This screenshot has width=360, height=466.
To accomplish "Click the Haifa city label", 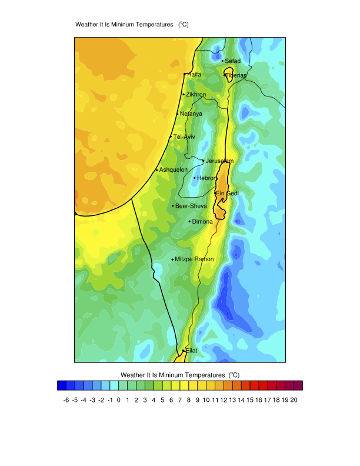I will [194, 75].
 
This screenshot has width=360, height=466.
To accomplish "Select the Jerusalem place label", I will [219, 161].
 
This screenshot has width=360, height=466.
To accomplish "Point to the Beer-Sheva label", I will [191, 206].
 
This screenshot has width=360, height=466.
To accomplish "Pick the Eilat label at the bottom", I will [192, 351].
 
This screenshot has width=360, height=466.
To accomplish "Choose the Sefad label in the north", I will [233, 61].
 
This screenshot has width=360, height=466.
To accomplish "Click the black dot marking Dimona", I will [189, 222].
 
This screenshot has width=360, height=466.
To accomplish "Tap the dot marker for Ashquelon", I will [156, 170].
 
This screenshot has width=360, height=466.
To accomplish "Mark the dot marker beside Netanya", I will [178, 114].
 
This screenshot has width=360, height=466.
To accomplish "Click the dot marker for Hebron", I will [195, 178].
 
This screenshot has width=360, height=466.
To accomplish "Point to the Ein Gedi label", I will [227, 194].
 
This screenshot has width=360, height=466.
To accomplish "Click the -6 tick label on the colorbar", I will [66, 400].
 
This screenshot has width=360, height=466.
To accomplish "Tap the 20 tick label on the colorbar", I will [294, 400].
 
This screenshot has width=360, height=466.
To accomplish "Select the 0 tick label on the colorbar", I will [119, 400].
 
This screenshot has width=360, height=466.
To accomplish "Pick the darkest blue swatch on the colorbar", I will [61, 386].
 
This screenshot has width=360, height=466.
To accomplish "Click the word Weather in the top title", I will [88, 25].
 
